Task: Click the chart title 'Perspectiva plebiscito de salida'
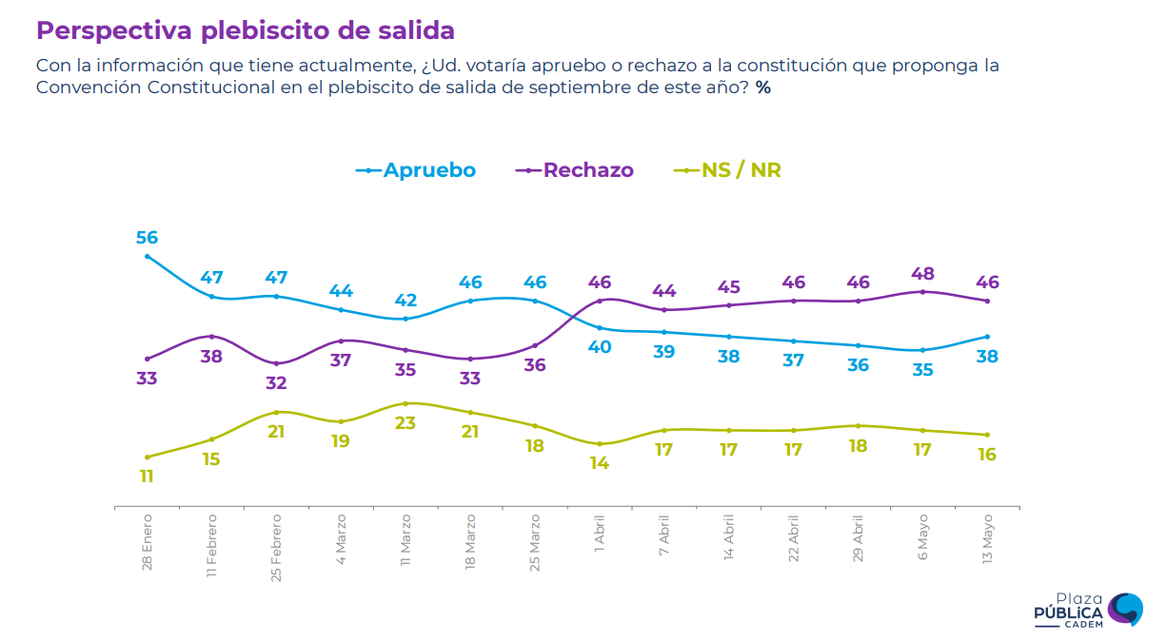pyautogui.click(x=245, y=30)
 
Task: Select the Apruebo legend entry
pyautogui.click(x=416, y=170)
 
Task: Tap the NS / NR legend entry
pyautogui.click(x=727, y=170)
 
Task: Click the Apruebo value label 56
pyautogui.click(x=147, y=238)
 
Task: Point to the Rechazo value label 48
pyautogui.click(x=922, y=273)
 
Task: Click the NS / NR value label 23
pyautogui.click(x=405, y=422)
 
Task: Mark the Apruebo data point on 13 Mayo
pyautogui.click(x=987, y=337)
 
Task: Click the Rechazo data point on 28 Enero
pyautogui.click(x=147, y=359)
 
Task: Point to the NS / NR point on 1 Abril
pyautogui.click(x=600, y=444)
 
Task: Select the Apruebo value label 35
pyautogui.click(x=922, y=370)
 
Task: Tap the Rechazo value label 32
pyautogui.click(x=276, y=383)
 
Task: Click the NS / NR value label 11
pyautogui.click(x=147, y=477)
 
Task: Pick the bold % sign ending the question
pyautogui.click(x=763, y=88)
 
